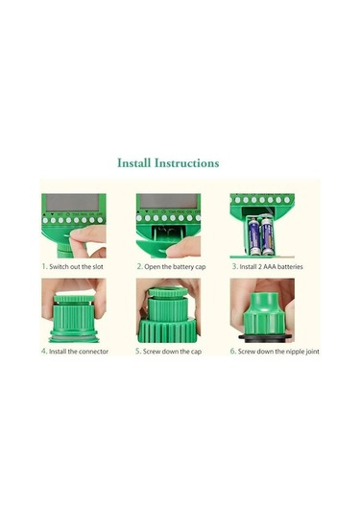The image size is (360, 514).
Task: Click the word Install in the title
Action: [x=134, y=163]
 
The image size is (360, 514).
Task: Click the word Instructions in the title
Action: [x=186, y=163]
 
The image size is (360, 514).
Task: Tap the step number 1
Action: [x=44, y=266]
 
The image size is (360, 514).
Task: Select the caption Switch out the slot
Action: [x=76, y=266]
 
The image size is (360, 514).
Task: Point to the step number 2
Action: [x=140, y=266]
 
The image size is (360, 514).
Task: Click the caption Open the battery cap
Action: [x=175, y=267]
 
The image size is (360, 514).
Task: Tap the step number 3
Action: [x=234, y=266]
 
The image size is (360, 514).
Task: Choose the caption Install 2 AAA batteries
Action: [x=272, y=266]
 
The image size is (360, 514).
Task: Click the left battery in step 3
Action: [x=253, y=236]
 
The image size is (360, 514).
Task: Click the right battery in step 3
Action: [x=267, y=235]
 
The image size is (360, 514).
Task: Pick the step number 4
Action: [x=44, y=351]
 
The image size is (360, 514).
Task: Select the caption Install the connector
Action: [x=79, y=352]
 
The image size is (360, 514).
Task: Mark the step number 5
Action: [x=138, y=351]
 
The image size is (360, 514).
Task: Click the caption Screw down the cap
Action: [x=172, y=352]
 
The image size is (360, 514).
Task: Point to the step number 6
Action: [x=233, y=351]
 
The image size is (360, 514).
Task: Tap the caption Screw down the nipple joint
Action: [x=278, y=352]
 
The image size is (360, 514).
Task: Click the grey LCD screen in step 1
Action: [x=72, y=203]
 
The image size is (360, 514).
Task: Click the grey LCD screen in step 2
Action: [x=168, y=201]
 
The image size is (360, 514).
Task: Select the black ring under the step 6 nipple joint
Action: [x=265, y=336]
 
